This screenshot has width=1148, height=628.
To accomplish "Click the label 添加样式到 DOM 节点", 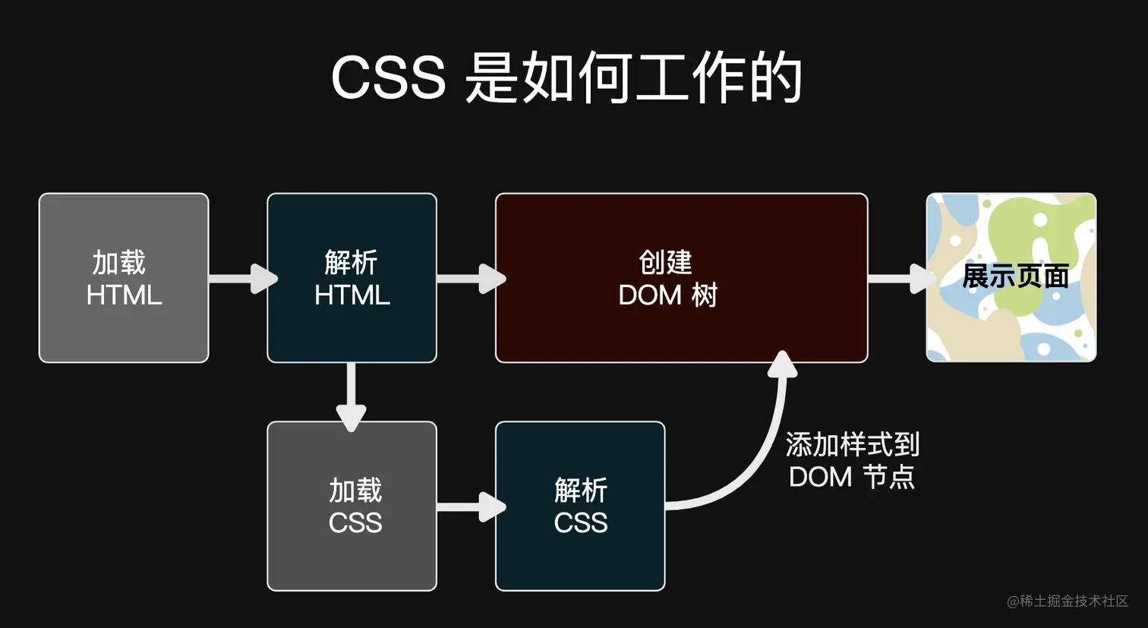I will (852, 461).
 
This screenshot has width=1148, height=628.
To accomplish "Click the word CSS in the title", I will (388, 78).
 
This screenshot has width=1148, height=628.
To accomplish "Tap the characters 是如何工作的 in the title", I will (633, 78).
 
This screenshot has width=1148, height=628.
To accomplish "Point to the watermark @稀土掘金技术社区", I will (1068, 601).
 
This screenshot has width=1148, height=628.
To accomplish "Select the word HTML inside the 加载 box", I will (124, 295).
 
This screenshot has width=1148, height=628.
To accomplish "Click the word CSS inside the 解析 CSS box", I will (580, 523).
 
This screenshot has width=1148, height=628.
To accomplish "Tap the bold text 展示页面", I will (1015, 276).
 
